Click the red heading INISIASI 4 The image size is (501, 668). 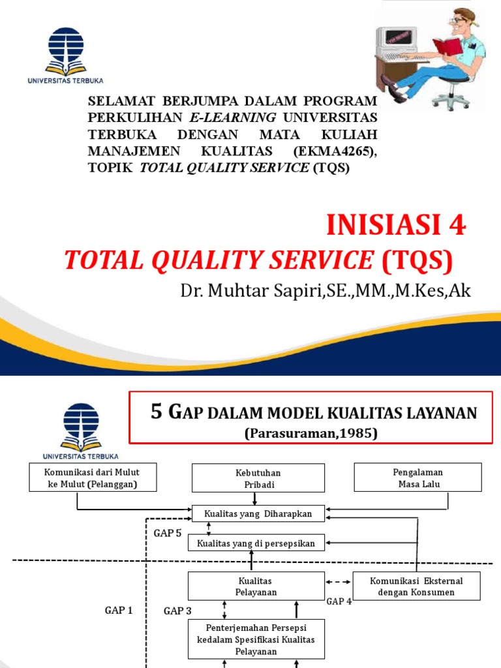coord(396,226)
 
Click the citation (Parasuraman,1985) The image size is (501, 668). coord(312,433)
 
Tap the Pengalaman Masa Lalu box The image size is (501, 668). coord(417,478)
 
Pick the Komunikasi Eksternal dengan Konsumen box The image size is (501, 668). coord(416,586)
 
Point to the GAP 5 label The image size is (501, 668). coord(168,533)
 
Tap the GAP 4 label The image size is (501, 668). coord(339,601)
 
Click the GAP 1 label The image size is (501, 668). coord(119,611)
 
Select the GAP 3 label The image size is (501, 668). coord(177,611)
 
